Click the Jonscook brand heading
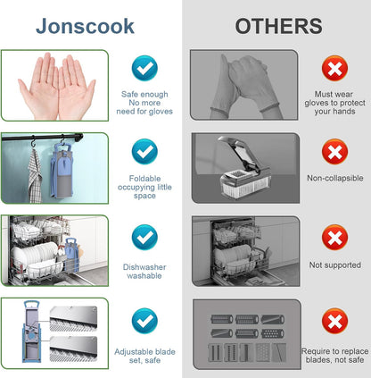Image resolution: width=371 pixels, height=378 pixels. pyautogui.click(x=85, y=26)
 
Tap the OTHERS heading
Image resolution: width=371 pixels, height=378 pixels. pyautogui.click(x=278, y=26)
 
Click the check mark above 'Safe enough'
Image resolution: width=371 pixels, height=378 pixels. pyautogui.click(x=144, y=68)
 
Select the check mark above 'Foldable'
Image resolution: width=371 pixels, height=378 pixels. pyautogui.click(x=144, y=152)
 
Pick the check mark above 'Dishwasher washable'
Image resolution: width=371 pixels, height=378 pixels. pyautogui.click(x=144, y=238)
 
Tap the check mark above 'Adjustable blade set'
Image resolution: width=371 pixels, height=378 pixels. pyautogui.click(x=144, y=321)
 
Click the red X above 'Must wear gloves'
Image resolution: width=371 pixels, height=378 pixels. pyautogui.click(x=334, y=68)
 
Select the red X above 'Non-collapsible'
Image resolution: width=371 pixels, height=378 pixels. pyautogui.click(x=334, y=152)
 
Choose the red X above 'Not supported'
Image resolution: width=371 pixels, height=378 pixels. pyautogui.click(x=334, y=238)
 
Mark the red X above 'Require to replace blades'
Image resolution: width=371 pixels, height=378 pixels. pyautogui.click(x=334, y=321)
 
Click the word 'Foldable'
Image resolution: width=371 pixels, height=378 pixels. pyautogui.click(x=144, y=179)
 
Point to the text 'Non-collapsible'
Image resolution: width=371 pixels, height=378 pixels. pyautogui.click(x=335, y=178)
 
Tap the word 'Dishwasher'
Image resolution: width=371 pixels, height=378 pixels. pyautogui.click(x=144, y=267)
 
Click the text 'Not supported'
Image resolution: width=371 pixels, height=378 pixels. pyautogui.click(x=335, y=265)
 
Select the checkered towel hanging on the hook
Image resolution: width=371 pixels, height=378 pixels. pyautogui.click(x=35, y=176)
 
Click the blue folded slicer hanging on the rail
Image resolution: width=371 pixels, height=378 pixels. pyautogui.click(x=62, y=171)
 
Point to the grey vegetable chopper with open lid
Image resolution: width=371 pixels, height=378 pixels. pyautogui.click(x=245, y=168)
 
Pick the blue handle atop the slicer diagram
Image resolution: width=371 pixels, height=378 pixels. pyautogui.click(x=31, y=305)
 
